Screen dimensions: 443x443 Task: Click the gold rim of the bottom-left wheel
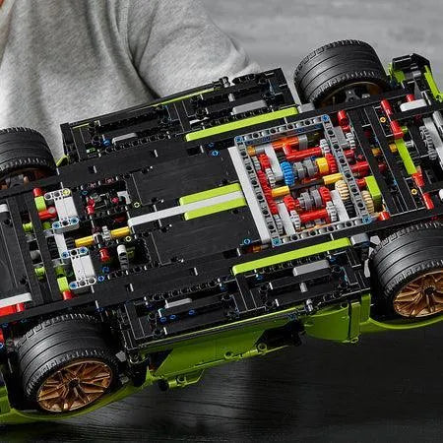click(73, 385)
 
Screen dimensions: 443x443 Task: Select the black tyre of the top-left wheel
click(22, 152)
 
